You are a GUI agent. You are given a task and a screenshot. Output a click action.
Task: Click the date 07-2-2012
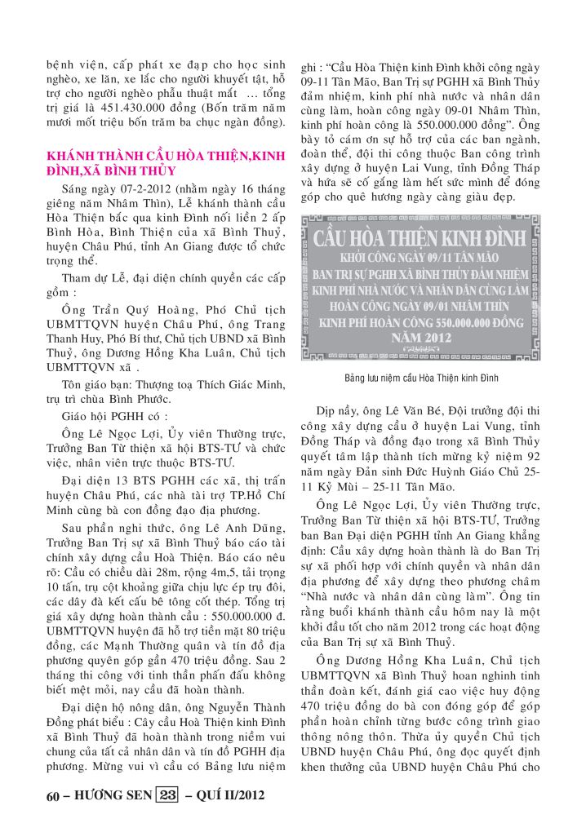point(115,187)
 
